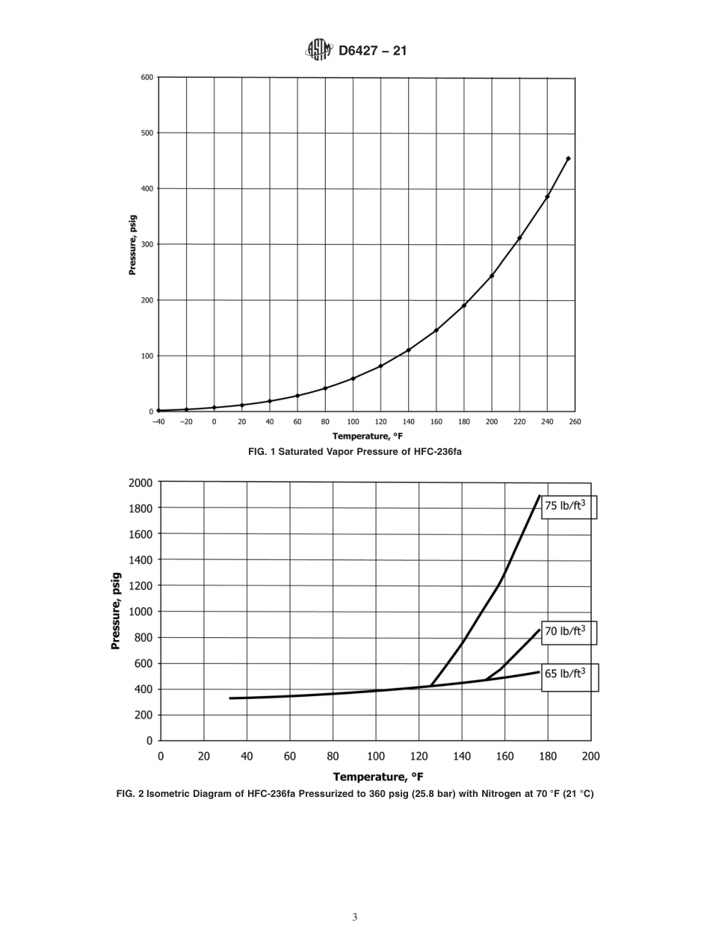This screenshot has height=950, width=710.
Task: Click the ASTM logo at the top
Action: (x=318, y=51)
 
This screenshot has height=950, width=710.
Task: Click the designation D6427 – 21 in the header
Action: (x=372, y=52)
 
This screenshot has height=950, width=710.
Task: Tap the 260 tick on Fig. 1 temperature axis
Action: (x=574, y=422)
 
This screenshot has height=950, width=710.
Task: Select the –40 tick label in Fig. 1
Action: (x=158, y=422)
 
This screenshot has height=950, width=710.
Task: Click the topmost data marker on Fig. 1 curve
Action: (x=568, y=158)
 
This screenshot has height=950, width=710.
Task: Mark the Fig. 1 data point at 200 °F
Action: (x=492, y=276)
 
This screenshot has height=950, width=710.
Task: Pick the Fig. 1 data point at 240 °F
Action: (x=547, y=196)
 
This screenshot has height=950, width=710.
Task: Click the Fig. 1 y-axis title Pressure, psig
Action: (x=132, y=245)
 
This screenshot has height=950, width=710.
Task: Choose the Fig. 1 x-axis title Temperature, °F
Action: (x=366, y=437)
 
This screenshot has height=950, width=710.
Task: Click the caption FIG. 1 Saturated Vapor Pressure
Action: (x=355, y=452)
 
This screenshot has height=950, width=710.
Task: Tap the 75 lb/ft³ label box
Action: (x=569, y=506)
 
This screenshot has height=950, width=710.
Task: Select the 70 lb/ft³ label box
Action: (x=569, y=631)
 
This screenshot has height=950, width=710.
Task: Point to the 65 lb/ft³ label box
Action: (x=569, y=674)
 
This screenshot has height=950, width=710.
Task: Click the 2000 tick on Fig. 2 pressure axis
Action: (x=139, y=482)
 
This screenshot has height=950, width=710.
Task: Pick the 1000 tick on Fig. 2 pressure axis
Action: (x=139, y=612)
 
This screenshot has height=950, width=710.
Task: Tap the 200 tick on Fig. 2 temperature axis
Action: (x=590, y=756)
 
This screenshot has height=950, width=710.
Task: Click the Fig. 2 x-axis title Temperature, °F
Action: (x=378, y=776)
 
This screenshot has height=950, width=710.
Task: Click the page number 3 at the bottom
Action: (x=355, y=917)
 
